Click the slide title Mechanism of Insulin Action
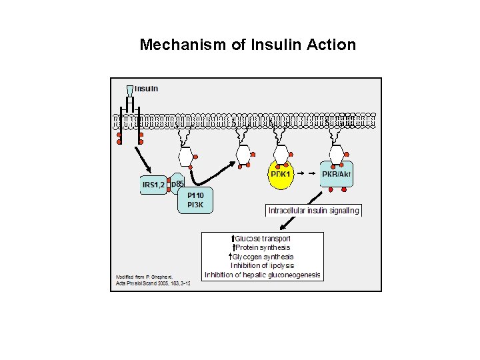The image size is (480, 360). point(247,45)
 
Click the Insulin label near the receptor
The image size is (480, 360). point(147,89)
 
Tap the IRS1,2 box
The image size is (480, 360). point(153,183)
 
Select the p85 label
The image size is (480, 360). point(177,183)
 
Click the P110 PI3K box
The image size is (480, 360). point(195,200)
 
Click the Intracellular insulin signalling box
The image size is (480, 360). point(313,211)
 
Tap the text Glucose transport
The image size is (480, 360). point(263,238)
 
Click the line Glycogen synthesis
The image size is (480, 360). point(263,257)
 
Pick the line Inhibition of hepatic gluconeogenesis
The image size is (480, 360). point(263,275)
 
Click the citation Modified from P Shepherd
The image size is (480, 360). point(144,276)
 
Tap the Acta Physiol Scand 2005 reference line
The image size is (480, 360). point(153,283)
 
